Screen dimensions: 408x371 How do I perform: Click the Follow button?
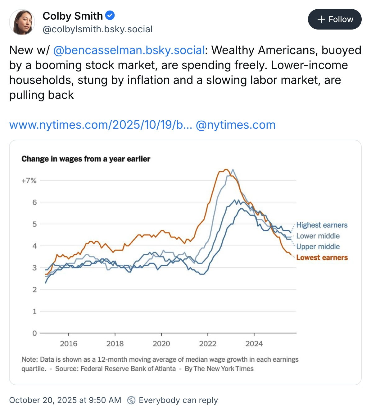point(335,19)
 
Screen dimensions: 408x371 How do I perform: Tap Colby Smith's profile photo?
point(22,22)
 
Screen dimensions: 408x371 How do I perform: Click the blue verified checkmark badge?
point(110,15)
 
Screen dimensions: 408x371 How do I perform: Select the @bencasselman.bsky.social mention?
point(129,50)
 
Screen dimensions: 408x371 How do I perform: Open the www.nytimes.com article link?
point(101,125)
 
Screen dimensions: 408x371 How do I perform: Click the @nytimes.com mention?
point(236,125)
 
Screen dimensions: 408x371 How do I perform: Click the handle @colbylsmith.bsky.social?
point(97,29)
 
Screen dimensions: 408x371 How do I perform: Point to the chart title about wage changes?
point(86,159)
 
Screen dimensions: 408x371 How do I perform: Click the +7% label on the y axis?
point(29,181)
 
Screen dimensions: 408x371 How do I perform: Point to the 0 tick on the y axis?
point(34,333)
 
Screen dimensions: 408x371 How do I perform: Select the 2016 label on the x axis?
point(69,344)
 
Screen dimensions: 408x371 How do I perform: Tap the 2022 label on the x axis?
point(208,344)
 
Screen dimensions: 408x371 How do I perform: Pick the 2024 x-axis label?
point(254,344)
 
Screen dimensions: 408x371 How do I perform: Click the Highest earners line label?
point(322,225)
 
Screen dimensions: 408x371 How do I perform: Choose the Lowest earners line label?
point(322,257)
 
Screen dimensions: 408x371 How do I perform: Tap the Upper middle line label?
point(318,247)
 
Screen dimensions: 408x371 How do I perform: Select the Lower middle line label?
point(318,236)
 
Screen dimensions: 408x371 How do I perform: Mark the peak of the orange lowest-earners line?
point(226,169)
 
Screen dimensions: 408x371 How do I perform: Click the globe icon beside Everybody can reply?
point(131,400)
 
